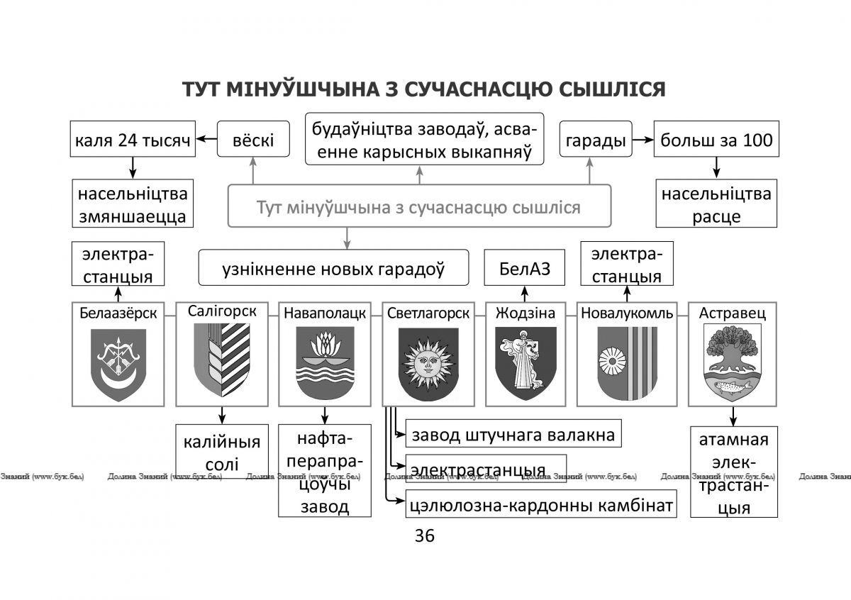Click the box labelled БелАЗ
pyautogui.click(x=524, y=267)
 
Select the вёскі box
pyautogui.click(x=253, y=139)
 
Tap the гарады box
pyautogui.click(x=596, y=139)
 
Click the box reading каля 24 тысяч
pyautogui.click(x=133, y=139)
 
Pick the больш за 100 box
pyautogui.click(x=716, y=139)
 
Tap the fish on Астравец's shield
pyautogui.click(x=732, y=387)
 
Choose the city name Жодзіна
pyautogui.click(x=525, y=313)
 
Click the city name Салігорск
pyautogui.click(x=222, y=311)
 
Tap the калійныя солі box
pyautogui.click(x=222, y=451)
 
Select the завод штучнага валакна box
pyautogui.click(x=513, y=433)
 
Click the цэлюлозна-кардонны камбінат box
pyautogui.click(x=541, y=504)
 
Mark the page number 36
pyautogui.click(x=425, y=535)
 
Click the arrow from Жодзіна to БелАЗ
pyautogui.click(x=525, y=294)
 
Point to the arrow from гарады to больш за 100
pyautogui.click(x=643, y=140)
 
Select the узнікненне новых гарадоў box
pyautogui.click(x=333, y=267)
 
